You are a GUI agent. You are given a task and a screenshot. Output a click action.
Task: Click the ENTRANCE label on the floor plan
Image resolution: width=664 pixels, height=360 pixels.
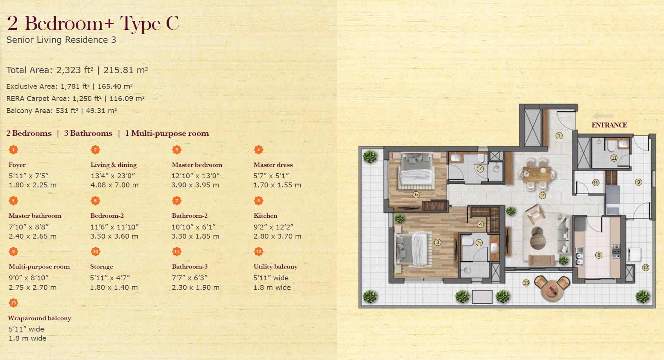click(x=609, y=125)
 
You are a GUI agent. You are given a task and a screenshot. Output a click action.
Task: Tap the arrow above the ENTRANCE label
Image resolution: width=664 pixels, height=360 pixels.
click(x=603, y=116)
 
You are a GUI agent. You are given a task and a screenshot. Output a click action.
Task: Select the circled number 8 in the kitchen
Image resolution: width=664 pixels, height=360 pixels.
click(x=599, y=255)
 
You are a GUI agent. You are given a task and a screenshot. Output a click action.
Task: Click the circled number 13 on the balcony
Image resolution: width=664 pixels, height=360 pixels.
click(x=526, y=283)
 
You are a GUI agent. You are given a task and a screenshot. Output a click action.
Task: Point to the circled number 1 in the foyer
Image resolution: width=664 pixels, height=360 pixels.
click(x=559, y=135)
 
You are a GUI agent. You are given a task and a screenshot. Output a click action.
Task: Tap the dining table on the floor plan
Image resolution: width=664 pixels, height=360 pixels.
click(x=538, y=174)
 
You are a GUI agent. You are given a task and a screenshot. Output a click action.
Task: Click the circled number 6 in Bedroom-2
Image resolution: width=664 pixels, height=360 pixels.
click(x=416, y=195)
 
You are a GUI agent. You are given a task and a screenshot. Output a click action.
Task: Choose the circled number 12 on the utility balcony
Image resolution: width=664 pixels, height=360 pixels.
click(x=645, y=267)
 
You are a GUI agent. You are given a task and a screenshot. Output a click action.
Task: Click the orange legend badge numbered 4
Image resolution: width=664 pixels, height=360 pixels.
click(x=258, y=149)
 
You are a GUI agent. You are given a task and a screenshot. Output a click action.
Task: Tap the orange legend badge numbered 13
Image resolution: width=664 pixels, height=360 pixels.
click(x=13, y=303)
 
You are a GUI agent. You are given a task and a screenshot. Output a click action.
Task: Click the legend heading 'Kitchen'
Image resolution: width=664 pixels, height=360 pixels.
click(x=265, y=215)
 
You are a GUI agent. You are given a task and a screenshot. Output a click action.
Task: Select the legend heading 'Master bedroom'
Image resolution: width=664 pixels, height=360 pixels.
click(x=197, y=165)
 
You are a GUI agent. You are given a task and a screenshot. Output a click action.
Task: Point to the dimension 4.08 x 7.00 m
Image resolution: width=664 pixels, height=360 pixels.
click(x=115, y=185)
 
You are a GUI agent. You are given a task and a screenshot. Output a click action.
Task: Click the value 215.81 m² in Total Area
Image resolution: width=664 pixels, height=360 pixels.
click(x=126, y=70)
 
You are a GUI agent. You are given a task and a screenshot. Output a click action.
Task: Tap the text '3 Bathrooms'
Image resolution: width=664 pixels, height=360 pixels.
click(x=88, y=133)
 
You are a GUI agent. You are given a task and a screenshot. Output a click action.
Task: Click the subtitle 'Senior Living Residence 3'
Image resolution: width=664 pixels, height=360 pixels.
click(x=61, y=40)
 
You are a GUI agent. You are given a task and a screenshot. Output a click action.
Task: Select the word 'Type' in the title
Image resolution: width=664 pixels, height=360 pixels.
click(x=140, y=24)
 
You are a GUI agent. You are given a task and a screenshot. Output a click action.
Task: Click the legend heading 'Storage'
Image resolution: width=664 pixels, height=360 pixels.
click(x=102, y=267)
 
